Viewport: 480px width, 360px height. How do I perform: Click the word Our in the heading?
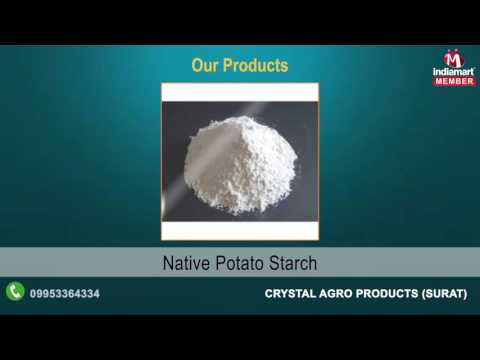(206, 66)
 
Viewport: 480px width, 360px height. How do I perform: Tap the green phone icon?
(15, 292)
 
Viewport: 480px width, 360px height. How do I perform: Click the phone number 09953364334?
(65, 293)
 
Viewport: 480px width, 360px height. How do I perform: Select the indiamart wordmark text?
(453, 72)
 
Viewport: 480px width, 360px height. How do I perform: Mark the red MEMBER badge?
(453, 81)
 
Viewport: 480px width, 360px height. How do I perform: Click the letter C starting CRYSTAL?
(269, 293)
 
